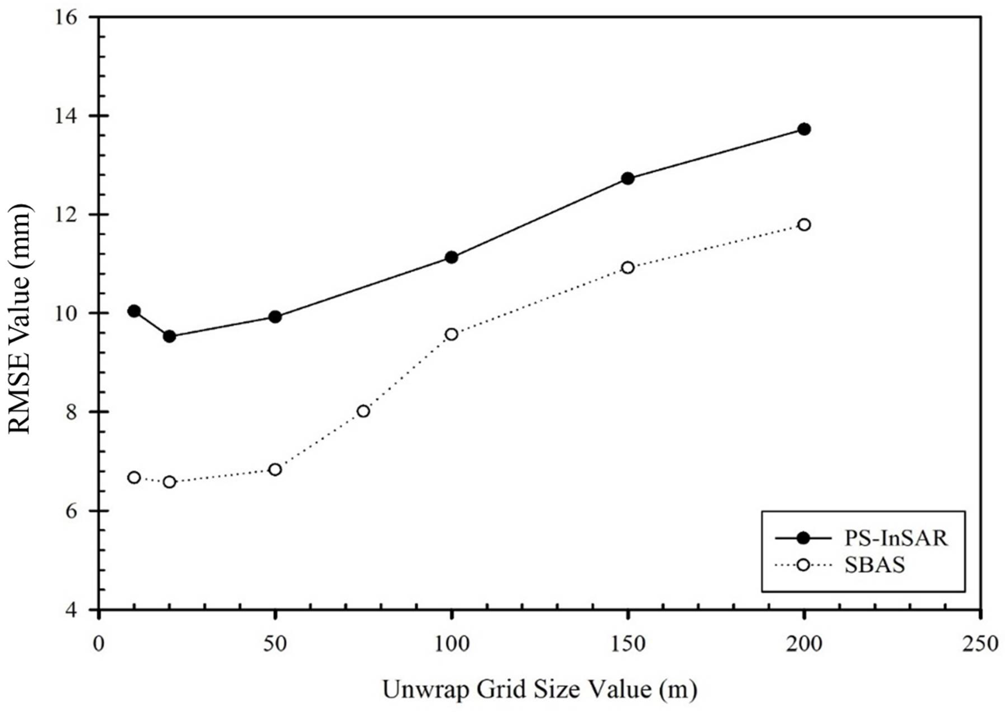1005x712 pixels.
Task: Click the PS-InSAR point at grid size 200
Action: [x=804, y=129]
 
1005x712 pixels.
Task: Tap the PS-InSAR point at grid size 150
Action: [x=628, y=178]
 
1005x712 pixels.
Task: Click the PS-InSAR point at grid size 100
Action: [x=451, y=257]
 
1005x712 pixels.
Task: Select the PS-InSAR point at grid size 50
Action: [x=275, y=317]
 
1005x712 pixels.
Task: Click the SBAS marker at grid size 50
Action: [x=275, y=470]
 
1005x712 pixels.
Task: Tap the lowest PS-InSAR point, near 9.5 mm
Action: [x=169, y=337]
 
